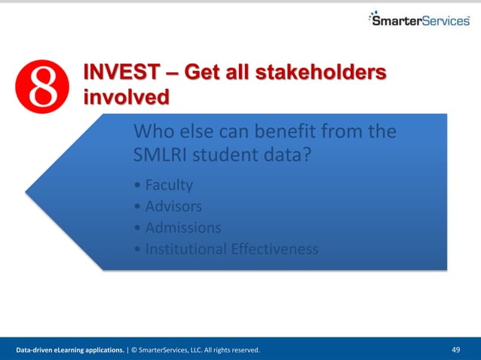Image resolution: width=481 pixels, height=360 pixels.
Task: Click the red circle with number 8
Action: tap(42, 87)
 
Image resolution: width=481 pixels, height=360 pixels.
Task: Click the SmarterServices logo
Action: tap(419, 19)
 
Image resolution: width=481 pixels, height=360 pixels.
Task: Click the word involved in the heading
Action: tap(125, 97)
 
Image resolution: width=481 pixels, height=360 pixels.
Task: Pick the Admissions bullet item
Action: tap(176, 227)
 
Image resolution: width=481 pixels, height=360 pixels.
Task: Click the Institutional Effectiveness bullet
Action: tap(225, 249)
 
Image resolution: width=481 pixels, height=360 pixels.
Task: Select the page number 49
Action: tap(455, 349)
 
